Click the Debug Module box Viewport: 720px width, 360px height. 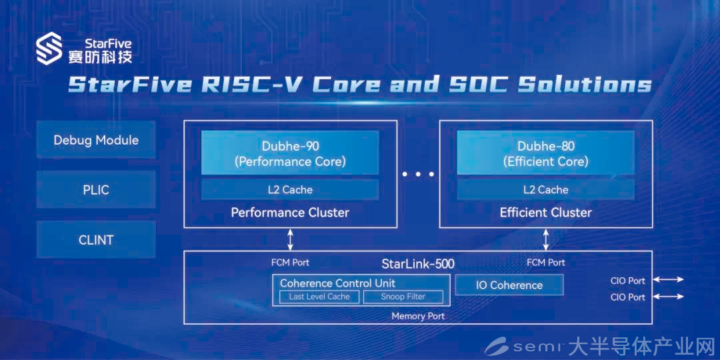96,139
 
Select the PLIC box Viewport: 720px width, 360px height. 96,189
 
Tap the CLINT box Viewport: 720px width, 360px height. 96,239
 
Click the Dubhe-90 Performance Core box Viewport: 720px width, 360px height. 290,153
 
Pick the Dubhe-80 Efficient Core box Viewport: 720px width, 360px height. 545,153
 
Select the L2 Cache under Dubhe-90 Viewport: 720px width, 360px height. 290,189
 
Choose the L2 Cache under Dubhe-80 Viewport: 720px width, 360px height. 545,189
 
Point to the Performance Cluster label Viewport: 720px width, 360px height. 290,213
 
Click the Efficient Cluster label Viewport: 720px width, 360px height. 545,213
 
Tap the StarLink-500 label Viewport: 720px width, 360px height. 418,264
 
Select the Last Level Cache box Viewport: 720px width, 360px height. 319,297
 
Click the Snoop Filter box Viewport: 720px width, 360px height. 403,297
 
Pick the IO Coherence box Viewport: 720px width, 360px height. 509,285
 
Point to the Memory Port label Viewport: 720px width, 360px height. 418,317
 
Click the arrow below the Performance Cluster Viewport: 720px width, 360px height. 290,239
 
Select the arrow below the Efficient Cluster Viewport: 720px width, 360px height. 545,239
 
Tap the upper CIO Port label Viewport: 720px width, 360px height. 628,281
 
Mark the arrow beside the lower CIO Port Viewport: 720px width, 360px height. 669,297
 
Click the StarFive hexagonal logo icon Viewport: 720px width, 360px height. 49,48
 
